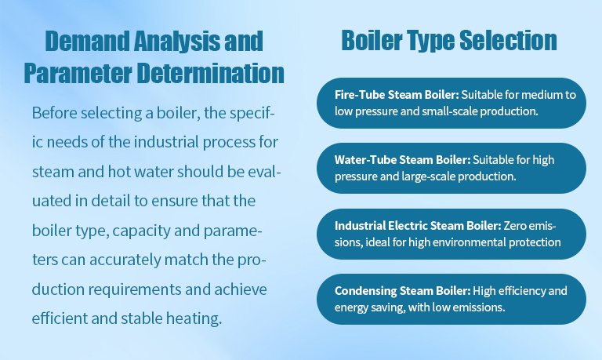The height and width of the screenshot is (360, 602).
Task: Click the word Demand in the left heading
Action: [87, 41]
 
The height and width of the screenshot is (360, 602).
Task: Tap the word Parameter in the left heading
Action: [78, 73]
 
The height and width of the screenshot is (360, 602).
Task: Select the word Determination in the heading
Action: [210, 73]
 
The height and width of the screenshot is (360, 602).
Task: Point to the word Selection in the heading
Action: [508, 40]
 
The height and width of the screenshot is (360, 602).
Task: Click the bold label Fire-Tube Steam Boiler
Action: [397, 95]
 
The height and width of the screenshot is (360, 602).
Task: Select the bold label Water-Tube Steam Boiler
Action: [402, 160]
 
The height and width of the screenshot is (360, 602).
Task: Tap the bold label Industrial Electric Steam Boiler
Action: [418, 226]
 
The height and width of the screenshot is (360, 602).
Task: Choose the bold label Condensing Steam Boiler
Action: [402, 291]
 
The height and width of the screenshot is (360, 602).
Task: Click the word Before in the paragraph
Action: [55, 113]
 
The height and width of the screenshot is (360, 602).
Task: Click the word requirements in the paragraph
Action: [134, 289]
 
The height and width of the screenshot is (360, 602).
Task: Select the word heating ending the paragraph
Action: [194, 319]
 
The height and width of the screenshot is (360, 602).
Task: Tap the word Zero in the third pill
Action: [514, 226]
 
